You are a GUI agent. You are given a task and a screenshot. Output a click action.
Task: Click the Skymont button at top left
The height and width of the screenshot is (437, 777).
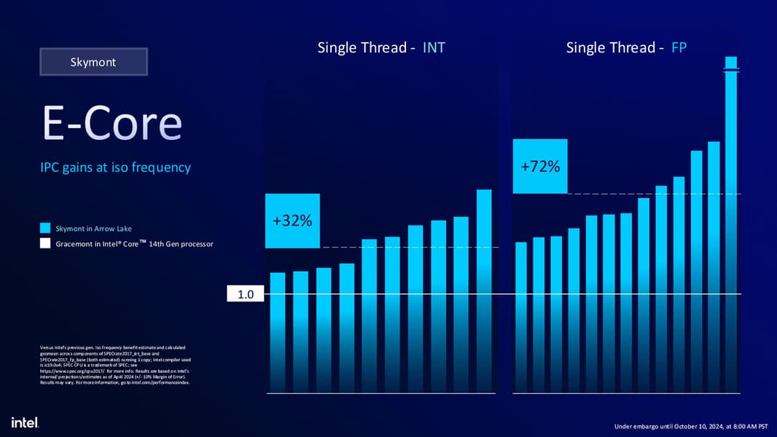[93, 62]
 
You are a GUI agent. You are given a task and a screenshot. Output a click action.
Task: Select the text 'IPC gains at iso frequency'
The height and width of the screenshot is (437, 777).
[115, 168]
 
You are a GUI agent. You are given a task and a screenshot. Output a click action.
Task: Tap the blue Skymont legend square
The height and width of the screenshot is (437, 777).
[45, 229]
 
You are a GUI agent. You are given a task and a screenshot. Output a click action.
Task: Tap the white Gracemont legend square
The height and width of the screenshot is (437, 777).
[45, 243]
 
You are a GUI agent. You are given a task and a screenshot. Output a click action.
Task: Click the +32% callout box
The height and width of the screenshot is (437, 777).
[292, 220]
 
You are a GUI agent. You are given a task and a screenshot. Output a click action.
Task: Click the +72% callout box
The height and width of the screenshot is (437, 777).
[540, 166]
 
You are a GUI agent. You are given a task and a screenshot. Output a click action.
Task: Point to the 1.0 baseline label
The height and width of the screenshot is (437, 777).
[246, 295]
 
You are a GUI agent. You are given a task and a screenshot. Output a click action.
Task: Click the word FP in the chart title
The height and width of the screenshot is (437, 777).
[679, 48]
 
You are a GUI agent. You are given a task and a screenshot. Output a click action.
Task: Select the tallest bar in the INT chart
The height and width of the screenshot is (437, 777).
[484, 291]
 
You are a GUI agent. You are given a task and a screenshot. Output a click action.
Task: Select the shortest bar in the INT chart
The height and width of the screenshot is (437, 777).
[278, 331]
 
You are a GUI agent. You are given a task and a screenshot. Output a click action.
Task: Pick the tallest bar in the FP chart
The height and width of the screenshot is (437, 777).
[731, 219]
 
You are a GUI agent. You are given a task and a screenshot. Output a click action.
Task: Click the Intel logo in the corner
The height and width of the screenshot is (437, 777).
[25, 422]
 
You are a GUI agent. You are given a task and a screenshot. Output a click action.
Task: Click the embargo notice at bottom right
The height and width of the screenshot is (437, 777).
[691, 426]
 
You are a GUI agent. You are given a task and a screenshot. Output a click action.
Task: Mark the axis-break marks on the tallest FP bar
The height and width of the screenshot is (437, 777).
[731, 70]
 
